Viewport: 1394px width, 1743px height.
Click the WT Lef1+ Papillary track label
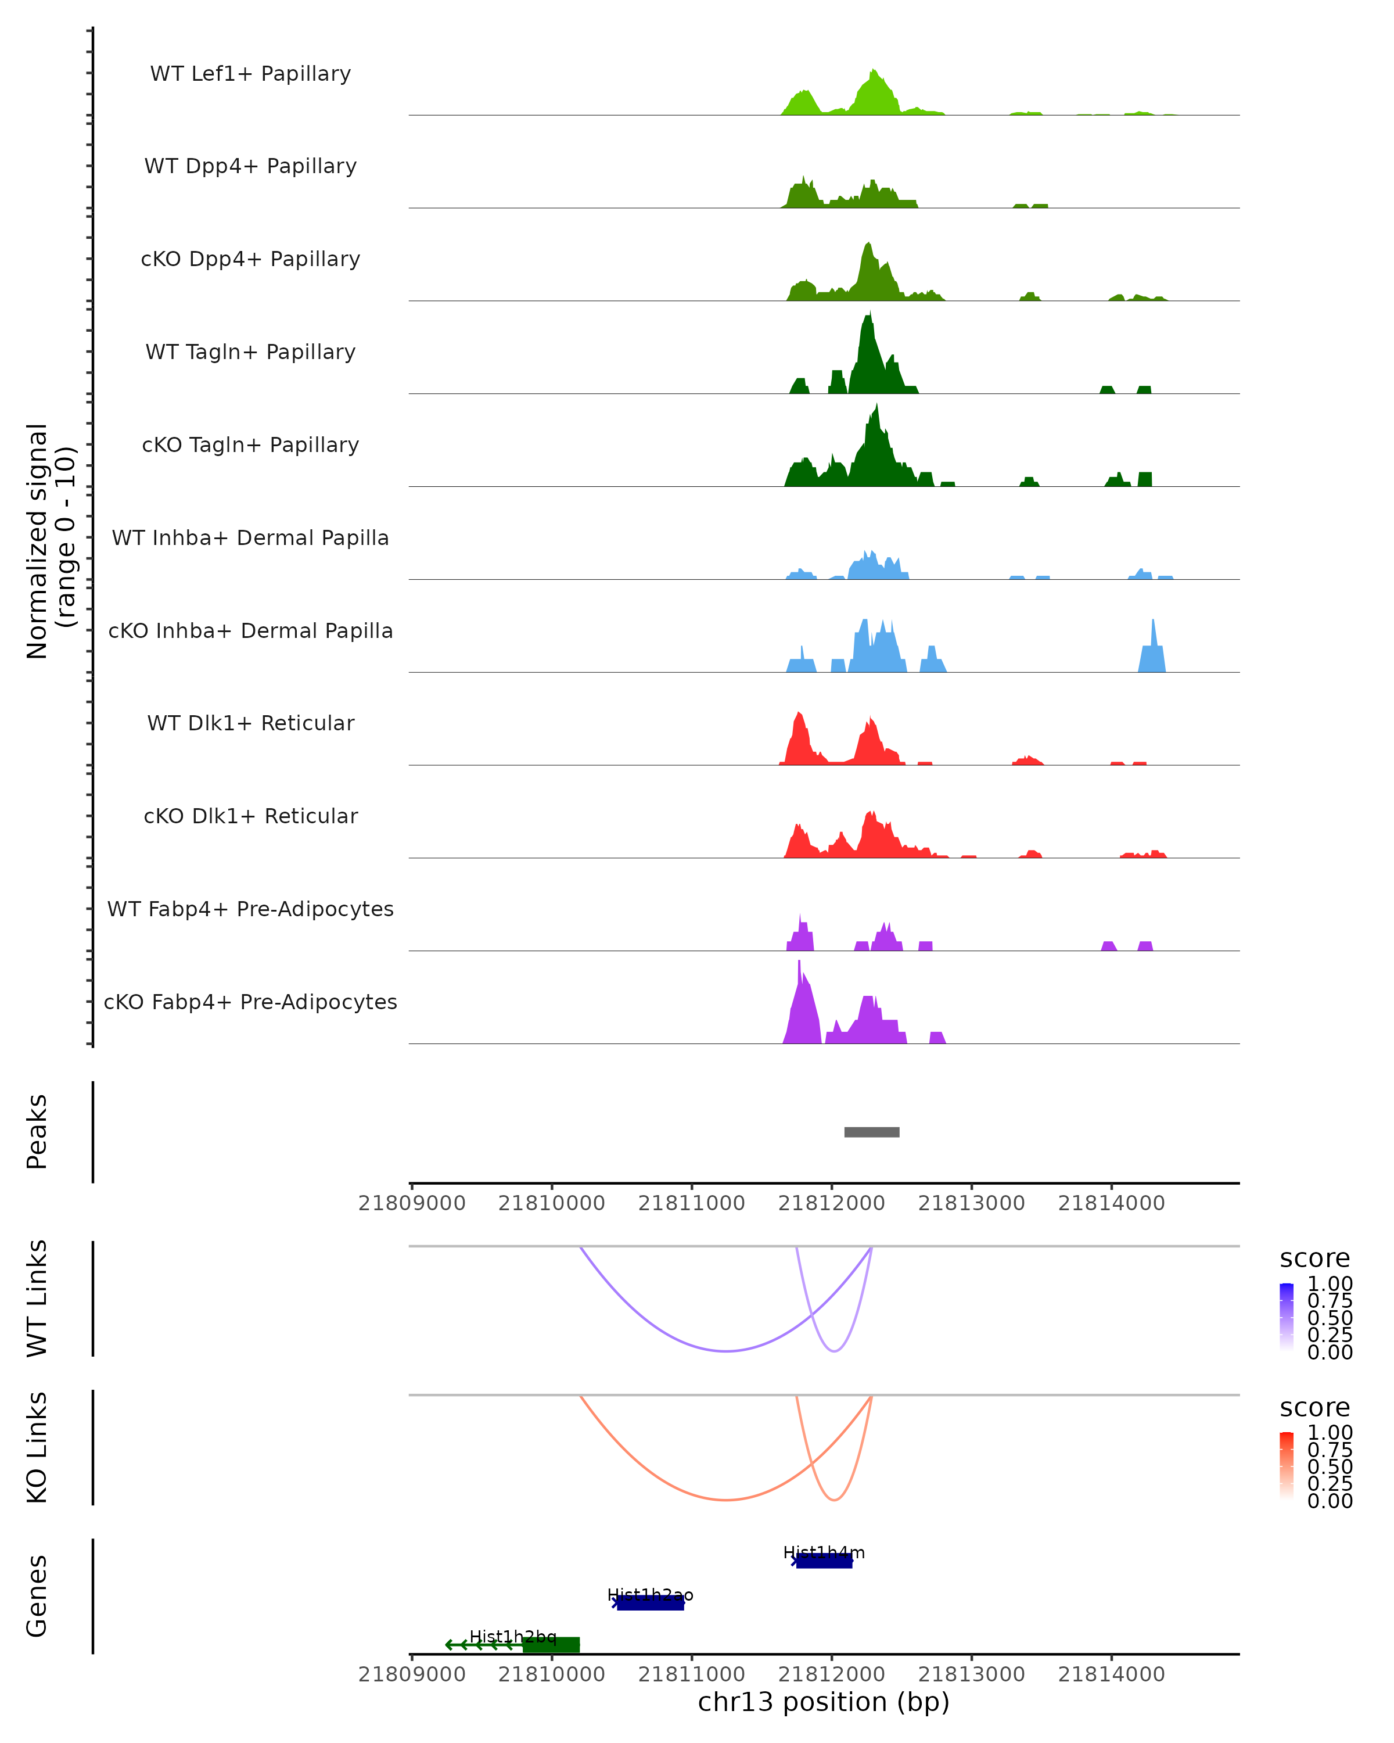pos(250,74)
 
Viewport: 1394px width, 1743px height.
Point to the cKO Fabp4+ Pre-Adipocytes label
pos(250,1002)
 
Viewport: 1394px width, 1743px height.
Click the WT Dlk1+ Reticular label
pos(250,723)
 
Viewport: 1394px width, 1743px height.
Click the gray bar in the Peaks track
pos(871,1132)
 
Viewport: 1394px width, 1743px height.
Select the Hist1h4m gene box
pos(824,1561)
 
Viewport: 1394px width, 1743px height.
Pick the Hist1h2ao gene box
pos(650,1603)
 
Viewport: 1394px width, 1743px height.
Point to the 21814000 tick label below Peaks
pos(1111,1203)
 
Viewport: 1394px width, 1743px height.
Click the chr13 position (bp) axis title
pos(824,1702)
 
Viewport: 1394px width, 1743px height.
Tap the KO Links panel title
pos(37,1447)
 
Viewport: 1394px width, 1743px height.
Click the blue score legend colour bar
pos(1287,1316)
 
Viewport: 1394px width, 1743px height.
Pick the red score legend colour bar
pos(1287,1465)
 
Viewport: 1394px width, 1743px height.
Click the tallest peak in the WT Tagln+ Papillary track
pos(869,315)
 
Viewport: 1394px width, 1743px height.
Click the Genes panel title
pos(37,1596)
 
